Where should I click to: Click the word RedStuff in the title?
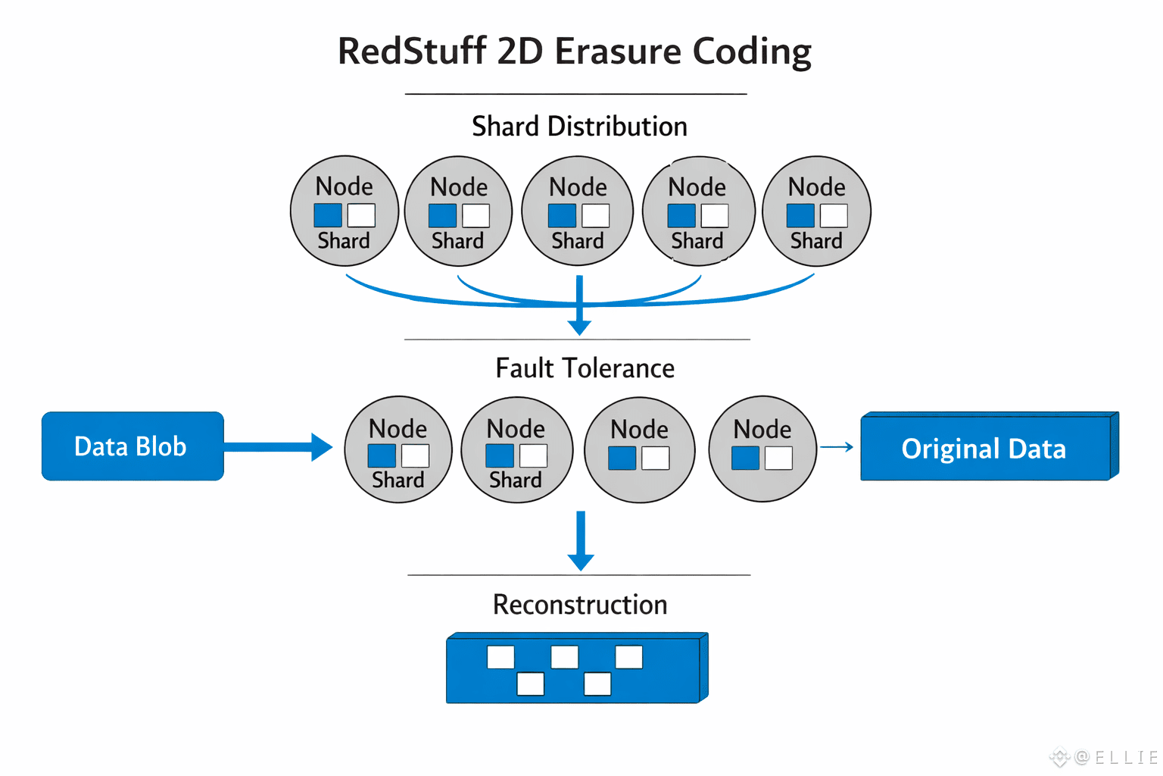pos(412,51)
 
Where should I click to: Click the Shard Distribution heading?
pos(579,127)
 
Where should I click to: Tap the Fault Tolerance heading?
pos(585,368)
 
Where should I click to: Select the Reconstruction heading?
pos(580,605)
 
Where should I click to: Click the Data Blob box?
pos(133,446)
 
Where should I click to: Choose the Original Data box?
pos(990,446)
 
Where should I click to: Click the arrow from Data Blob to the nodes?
pos(279,446)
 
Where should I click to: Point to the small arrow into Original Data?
pos(837,446)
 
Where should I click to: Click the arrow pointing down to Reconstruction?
pos(581,540)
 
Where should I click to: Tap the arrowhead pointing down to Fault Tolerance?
pos(579,327)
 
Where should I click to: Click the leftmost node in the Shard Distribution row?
pos(345,211)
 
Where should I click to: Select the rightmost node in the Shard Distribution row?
pos(817,211)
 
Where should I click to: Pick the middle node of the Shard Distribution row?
pos(578,211)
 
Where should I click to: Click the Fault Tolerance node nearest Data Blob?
pos(398,449)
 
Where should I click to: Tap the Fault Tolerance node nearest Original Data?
pos(762,449)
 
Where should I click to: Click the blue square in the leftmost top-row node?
pos(328,215)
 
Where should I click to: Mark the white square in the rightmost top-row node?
pos(834,216)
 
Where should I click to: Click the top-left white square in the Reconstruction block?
pos(500,657)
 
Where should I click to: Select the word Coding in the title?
pos(752,53)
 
